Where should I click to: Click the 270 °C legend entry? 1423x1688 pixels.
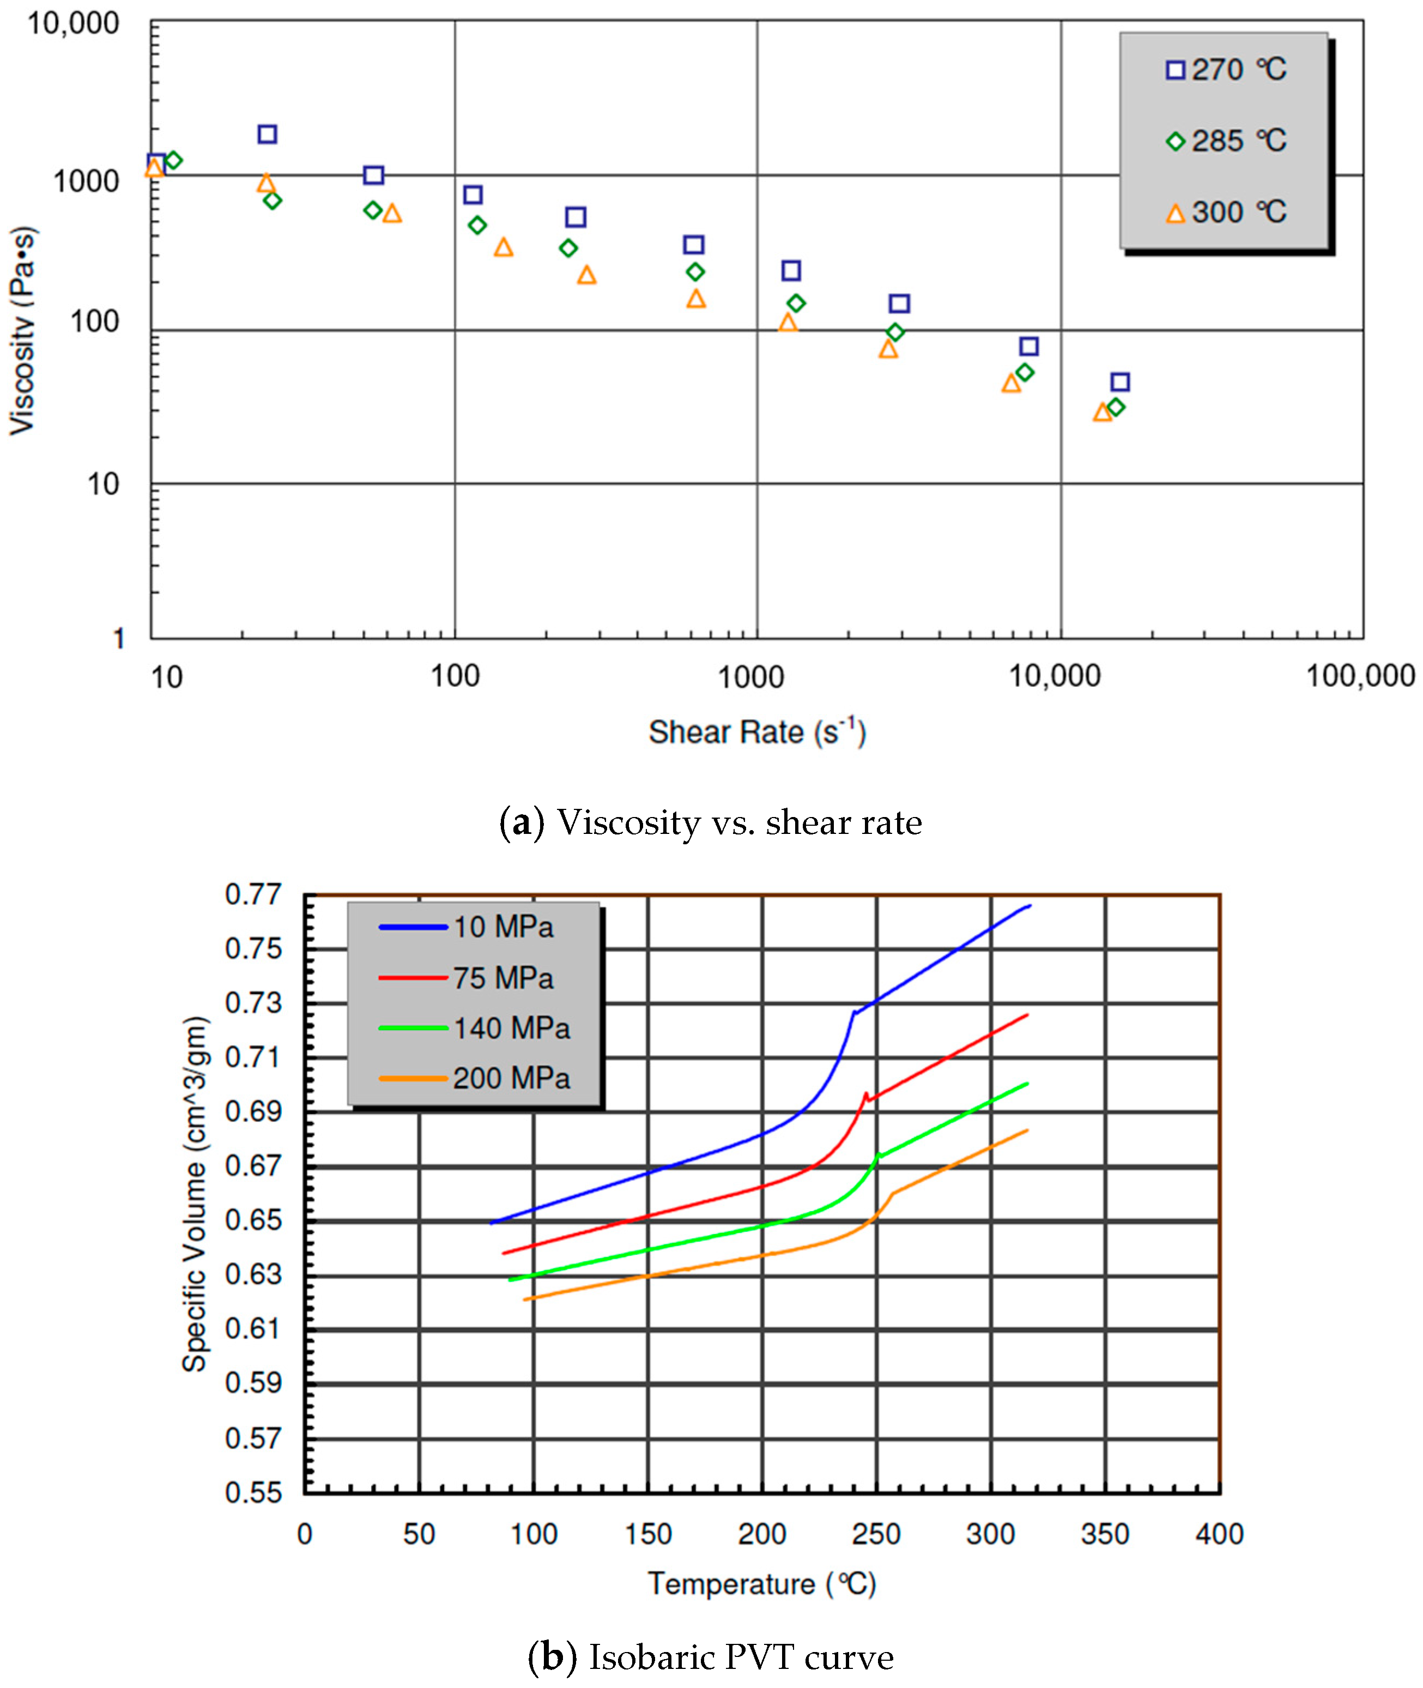click(1226, 70)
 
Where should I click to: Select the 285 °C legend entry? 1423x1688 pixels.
click(1226, 141)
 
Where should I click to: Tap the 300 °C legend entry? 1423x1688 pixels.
click(1226, 212)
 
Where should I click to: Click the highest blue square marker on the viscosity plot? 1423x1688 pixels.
click(267, 134)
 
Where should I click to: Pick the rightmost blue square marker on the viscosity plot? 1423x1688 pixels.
click(1119, 382)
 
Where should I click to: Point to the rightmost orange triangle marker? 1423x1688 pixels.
click(1103, 412)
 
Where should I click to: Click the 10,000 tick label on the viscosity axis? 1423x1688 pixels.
click(74, 23)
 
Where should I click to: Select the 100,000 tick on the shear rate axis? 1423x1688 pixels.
click(1360, 676)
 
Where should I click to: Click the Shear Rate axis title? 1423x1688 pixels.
click(756, 732)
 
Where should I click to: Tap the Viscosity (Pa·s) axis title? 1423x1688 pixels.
click(22, 331)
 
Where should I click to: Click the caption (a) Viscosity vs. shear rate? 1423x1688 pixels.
click(711, 822)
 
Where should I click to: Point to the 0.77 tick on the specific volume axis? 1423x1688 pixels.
click(253, 894)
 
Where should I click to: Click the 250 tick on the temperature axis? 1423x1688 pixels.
click(876, 1534)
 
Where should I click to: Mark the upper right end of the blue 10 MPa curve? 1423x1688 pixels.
click(1030, 906)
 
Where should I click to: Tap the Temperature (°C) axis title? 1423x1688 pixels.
click(761, 1584)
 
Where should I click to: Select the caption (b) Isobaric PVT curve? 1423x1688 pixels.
click(711, 1657)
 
